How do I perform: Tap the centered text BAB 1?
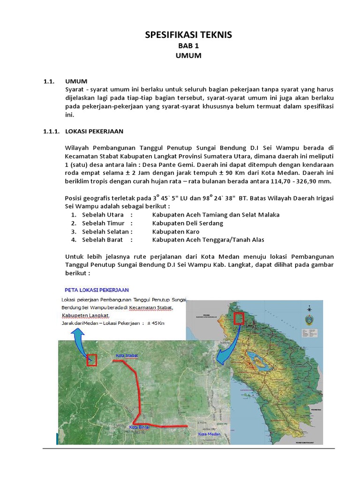[x=188, y=46]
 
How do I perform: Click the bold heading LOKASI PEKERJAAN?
[x=94, y=131]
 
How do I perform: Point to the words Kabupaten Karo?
[x=176, y=232]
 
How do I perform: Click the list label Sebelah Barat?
[x=102, y=240]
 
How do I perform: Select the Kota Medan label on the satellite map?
[x=209, y=434]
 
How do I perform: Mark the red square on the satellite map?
[x=91, y=360]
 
